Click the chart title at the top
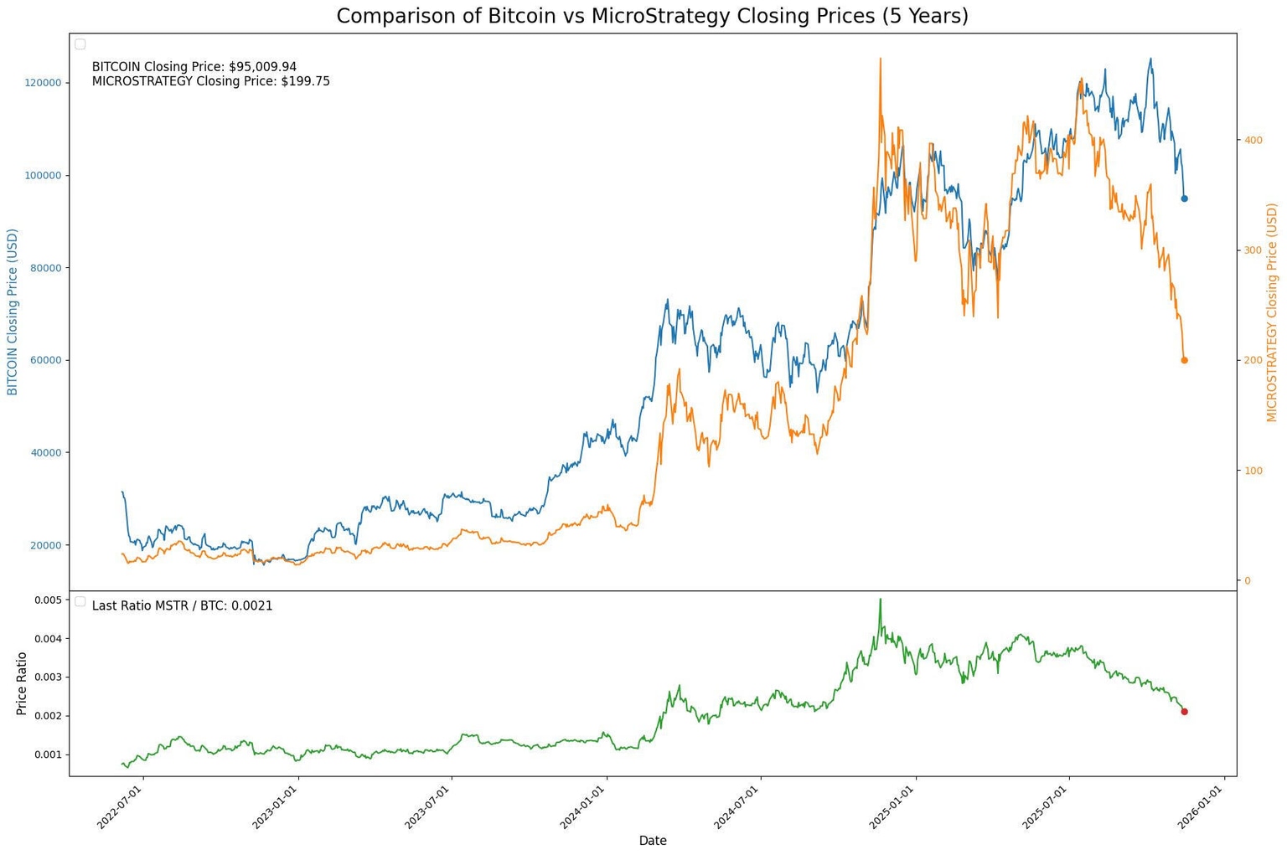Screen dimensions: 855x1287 [x=652, y=16]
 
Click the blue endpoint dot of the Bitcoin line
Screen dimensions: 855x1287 [x=1184, y=198]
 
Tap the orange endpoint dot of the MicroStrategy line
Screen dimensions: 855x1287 [x=1184, y=360]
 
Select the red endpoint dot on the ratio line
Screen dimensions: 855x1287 [x=1184, y=712]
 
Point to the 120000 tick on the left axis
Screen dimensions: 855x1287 [x=43, y=83]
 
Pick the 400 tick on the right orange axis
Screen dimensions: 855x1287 [x=1253, y=140]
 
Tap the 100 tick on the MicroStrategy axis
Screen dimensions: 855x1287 [x=1253, y=471]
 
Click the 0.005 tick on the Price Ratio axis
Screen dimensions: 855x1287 [x=47, y=600]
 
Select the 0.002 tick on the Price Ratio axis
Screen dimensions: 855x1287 [x=47, y=716]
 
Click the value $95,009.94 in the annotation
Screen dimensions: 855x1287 [x=262, y=67]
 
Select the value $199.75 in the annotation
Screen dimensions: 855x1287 [x=305, y=82]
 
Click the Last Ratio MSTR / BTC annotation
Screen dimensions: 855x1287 [x=182, y=606]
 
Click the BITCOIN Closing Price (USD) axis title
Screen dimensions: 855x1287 [x=13, y=312]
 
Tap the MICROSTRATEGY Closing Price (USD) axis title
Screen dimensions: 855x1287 [x=1272, y=312]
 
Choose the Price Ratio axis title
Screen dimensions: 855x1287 [x=22, y=683]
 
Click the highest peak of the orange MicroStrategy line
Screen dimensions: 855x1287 [x=880, y=59]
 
